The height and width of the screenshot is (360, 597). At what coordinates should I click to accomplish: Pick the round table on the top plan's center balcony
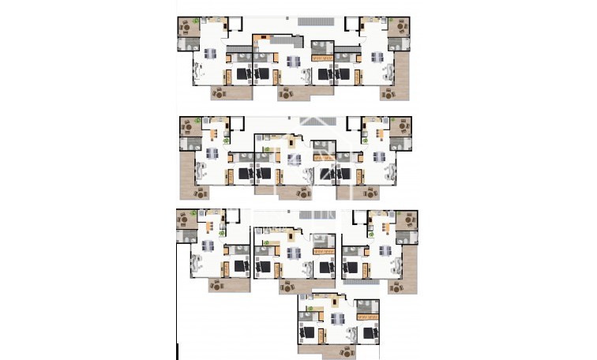(286, 93)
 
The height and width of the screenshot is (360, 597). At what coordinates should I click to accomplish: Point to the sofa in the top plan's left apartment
(198, 73)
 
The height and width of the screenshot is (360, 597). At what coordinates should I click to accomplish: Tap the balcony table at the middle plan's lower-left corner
(200, 192)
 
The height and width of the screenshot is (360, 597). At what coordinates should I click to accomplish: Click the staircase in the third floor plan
(298, 216)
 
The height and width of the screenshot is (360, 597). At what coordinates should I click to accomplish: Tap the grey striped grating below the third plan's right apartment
(360, 282)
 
